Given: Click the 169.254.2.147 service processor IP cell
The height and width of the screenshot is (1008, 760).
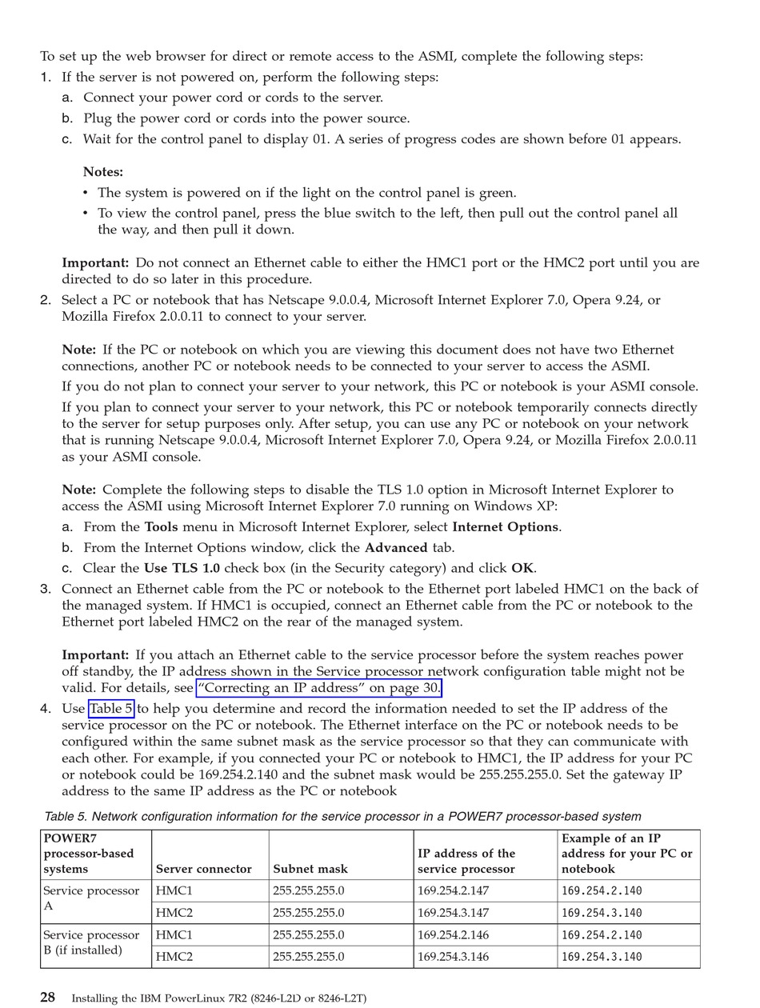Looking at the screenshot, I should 453,890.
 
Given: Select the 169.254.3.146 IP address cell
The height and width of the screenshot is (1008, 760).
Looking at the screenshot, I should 453,956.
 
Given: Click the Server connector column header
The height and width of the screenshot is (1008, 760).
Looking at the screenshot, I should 203,869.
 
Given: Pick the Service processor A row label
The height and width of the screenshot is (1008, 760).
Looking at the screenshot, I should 91,898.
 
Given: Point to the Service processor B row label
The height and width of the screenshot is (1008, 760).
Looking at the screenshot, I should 91,942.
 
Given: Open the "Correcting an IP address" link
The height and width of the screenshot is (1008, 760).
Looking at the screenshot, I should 319,688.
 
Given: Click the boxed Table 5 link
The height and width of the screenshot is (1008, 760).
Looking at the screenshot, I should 111,709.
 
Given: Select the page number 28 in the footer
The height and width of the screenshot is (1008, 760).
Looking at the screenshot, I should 48,997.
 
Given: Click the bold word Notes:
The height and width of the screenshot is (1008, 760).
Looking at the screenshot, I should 103,172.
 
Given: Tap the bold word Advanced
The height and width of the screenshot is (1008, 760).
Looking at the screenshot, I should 396,548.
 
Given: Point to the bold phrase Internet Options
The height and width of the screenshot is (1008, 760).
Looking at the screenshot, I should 505,527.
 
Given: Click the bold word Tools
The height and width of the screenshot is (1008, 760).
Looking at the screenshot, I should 161,527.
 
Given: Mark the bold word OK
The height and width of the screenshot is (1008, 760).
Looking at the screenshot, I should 522,569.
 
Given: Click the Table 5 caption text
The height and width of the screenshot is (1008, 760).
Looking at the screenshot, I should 342,817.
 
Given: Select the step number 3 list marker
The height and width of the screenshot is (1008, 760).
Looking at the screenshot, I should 46,589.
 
